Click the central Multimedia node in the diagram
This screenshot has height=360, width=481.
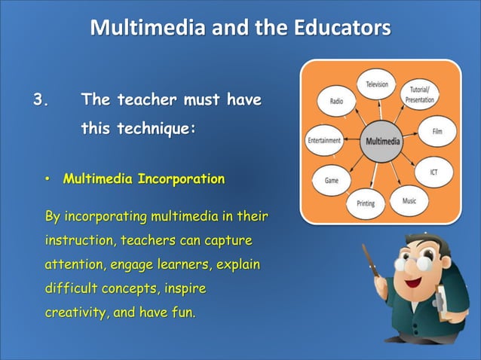(x=383, y=142)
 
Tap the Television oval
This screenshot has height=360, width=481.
(x=377, y=85)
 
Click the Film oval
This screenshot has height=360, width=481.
(x=437, y=131)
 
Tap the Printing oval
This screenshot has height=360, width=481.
(x=365, y=203)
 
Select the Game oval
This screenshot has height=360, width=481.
(x=330, y=181)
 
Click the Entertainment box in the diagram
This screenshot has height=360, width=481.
(x=324, y=141)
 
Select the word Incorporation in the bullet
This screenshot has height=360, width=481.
(x=181, y=179)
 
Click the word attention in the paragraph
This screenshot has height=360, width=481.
(x=74, y=265)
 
